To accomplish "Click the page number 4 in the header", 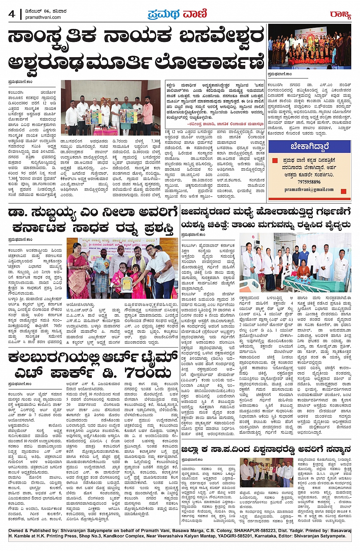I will coord(12,14).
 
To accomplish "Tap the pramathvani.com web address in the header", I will coord(46,17).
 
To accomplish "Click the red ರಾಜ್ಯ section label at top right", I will coord(340,15).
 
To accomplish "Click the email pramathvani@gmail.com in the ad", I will coord(309,189).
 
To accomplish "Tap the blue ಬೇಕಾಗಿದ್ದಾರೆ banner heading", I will coord(309,146).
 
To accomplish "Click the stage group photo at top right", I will coord(309,46).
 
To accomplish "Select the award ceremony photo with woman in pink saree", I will coord(122,268).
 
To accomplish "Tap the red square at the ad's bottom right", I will coord(344,191).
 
